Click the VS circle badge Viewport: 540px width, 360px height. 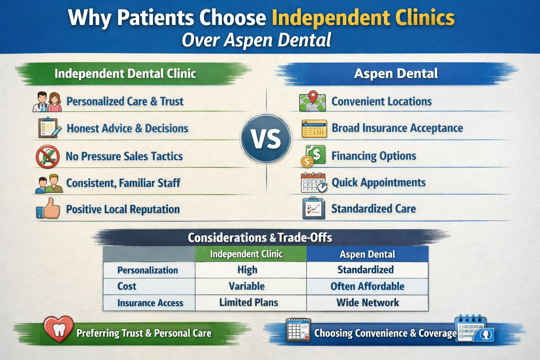tap(266, 139)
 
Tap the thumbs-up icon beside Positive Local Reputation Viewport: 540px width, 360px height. tap(48, 208)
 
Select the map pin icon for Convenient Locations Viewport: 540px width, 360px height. tap(313, 101)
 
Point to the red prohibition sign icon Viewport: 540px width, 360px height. tap(48, 156)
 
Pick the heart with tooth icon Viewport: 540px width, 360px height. tap(58, 329)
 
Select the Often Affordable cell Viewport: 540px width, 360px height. tap(367, 287)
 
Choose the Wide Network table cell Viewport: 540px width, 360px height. tap(367, 303)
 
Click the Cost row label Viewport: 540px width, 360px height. tap(127, 287)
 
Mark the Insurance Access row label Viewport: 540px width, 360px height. tap(150, 303)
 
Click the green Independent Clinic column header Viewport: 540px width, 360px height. tap(251, 254)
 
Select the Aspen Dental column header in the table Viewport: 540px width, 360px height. tap(367, 254)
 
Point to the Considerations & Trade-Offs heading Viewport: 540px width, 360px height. tap(260, 238)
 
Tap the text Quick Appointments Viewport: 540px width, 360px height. tap(379, 182)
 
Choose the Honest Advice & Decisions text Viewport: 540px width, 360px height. tap(127, 128)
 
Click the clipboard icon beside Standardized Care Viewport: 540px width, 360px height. tap(313, 208)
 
